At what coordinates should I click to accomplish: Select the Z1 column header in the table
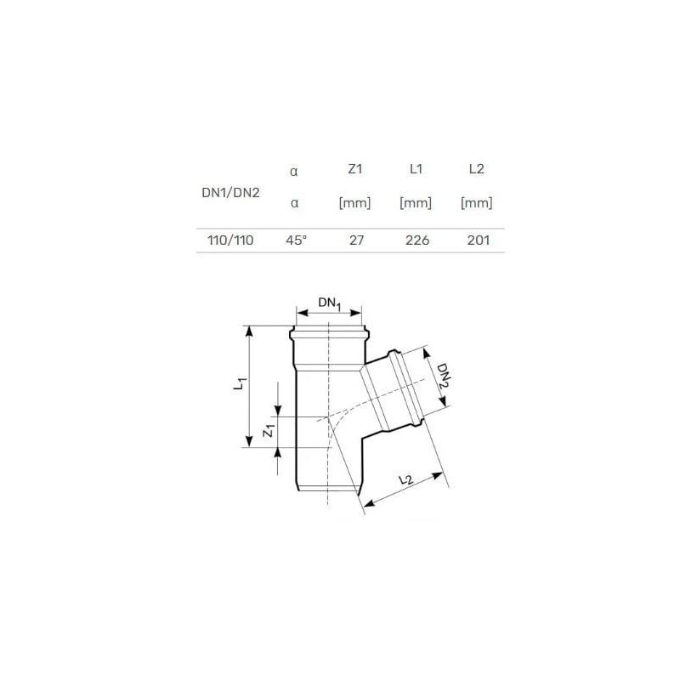click(x=355, y=170)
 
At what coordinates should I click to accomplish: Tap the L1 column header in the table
click(x=416, y=170)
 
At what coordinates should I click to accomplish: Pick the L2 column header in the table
click(x=477, y=170)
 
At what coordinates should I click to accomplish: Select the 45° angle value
click(x=295, y=241)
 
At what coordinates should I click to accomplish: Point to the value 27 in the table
click(x=355, y=241)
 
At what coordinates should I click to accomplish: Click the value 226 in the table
click(x=416, y=241)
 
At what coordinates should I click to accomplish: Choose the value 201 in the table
click(x=477, y=241)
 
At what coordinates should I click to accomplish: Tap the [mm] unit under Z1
click(x=355, y=204)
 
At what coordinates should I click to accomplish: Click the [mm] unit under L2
click(x=477, y=204)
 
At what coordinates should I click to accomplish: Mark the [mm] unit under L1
click(x=416, y=204)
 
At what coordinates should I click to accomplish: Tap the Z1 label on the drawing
click(x=269, y=432)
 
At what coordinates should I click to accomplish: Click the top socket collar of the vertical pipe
click(x=329, y=331)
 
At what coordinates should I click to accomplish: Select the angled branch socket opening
click(x=406, y=387)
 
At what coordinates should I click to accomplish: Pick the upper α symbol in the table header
click(x=294, y=170)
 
